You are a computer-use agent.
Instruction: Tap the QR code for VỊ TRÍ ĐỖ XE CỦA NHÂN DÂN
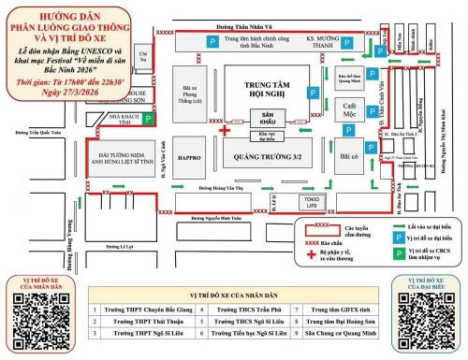click(x=40, y=315)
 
